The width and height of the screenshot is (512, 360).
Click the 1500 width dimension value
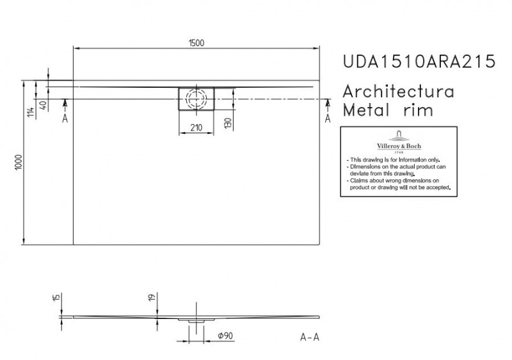(x=196, y=42)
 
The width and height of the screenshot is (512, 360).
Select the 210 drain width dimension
(x=196, y=127)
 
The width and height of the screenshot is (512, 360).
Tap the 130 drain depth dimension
(x=228, y=122)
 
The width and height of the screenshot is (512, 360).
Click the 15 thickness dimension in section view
(x=57, y=298)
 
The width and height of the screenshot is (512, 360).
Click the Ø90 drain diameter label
(x=224, y=335)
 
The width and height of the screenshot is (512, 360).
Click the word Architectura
(x=399, y=90)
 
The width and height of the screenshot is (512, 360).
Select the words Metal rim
(x=388, y=110)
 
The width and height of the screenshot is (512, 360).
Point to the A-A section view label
(x=310, y=338)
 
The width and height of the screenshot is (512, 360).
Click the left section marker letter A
(x=65, y=119)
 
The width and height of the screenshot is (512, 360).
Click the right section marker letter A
(x=328, y=119)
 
